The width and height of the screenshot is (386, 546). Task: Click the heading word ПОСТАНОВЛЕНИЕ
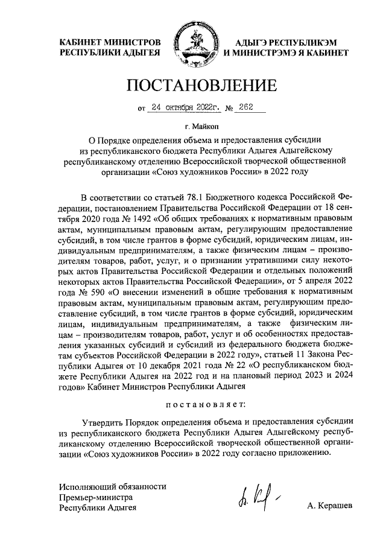[x=201, y=86]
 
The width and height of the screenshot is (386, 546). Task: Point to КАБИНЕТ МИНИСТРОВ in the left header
[x=109, y=42]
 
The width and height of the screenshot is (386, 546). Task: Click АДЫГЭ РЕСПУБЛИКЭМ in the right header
[x=282, y=42]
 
